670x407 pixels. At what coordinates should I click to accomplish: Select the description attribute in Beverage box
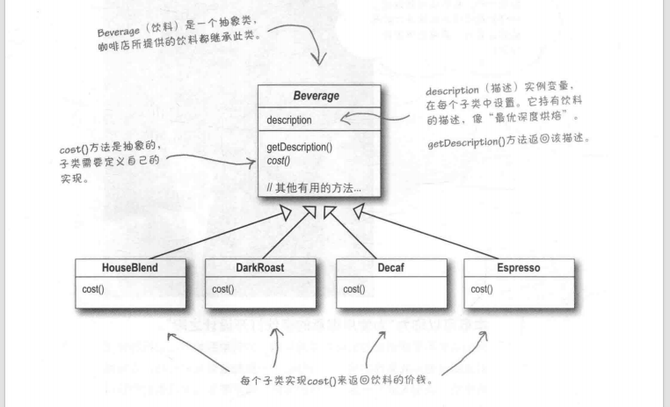coord(289,120)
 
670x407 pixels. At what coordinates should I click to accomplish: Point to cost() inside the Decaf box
coord(353,288)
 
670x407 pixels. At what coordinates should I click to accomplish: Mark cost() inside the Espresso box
coord(482,288)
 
